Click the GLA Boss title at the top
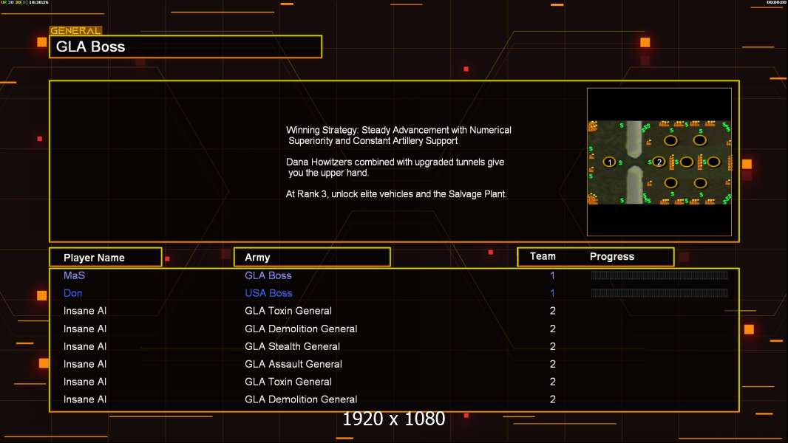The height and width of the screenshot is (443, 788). (x=91, y=47)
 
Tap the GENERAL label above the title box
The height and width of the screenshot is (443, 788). (x=75, y=31)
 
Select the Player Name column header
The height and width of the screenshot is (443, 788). (x=94, y=258)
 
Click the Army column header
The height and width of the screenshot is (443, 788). (x=257, y=258)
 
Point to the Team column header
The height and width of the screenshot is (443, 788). (x=543, y=256)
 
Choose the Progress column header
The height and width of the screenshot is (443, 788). (x=612, y=257)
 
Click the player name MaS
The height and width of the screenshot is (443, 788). (x=75, y=275)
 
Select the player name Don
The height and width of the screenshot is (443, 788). (x=73, y=293)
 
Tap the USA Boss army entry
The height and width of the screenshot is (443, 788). (x=268, y=293)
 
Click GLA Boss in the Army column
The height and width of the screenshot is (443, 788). (x=268, y=275)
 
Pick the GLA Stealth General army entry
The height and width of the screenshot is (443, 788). (x=292, y=346)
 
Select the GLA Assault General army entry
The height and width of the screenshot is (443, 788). (x=293, y=364)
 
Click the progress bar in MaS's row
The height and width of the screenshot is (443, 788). (x=659, y=275)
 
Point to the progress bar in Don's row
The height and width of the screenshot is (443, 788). (x=659, y=293)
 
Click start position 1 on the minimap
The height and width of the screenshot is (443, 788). (x=610, y=162)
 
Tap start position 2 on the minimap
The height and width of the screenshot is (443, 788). (x=659, y=162)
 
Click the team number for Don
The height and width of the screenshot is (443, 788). (x=552, y=293)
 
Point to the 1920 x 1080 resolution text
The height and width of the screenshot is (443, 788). (x=394, y=419)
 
